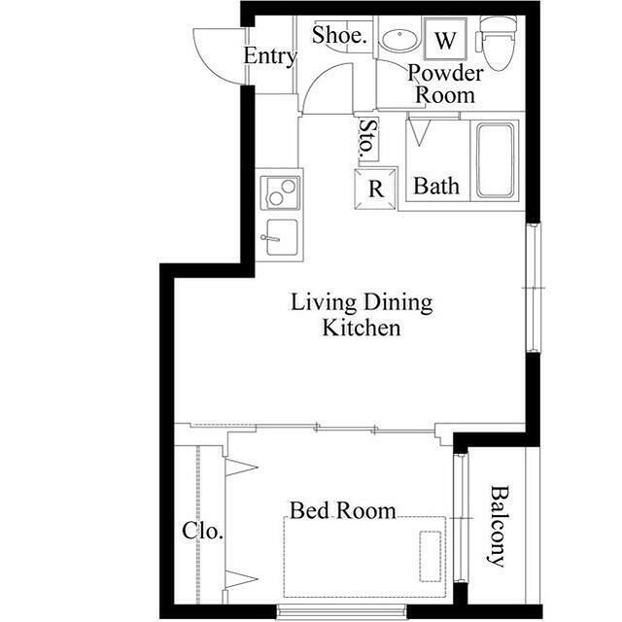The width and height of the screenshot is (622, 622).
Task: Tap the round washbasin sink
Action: [399, 40]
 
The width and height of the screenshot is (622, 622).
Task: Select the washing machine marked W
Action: [444, 39]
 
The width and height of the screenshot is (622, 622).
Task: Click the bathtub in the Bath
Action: [495, 160]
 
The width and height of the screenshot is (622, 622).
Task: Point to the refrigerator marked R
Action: [375, 189]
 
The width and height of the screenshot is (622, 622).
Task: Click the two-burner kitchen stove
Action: [281, 192]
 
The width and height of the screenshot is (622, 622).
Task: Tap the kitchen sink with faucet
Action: [281, 237]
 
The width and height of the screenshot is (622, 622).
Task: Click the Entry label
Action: [270, 56]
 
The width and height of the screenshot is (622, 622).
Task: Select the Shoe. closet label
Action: [338, 35]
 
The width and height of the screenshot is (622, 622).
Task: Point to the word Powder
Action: [445, 73]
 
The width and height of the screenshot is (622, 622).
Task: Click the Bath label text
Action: [436, 186]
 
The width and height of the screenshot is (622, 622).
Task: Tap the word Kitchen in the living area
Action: [361, 328]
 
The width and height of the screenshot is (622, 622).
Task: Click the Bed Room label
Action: [343, 510]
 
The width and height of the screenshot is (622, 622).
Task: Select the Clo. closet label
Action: [202, 531]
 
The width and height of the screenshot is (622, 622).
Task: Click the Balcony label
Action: [497, 527]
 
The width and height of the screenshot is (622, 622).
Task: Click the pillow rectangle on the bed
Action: [431, 556]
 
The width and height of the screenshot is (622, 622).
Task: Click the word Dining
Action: [398, 302]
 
